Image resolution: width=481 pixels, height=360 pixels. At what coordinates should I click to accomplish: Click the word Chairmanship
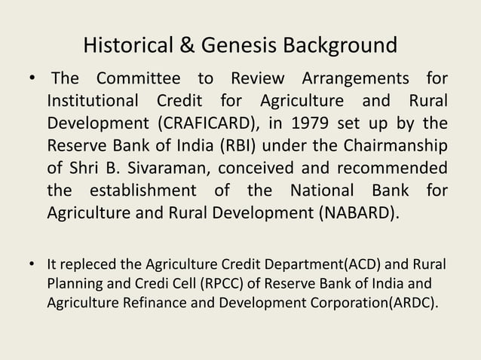point(394,145)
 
